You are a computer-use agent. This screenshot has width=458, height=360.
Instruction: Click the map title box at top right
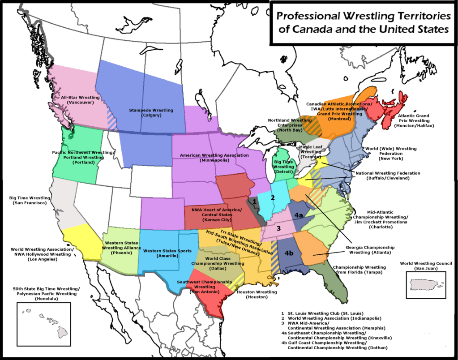[363, 22]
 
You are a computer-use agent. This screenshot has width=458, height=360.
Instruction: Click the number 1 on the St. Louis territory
[255, 201]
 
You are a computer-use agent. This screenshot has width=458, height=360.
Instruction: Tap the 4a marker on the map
[299, 216]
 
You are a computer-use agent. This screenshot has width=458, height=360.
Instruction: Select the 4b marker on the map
[290, 253]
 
